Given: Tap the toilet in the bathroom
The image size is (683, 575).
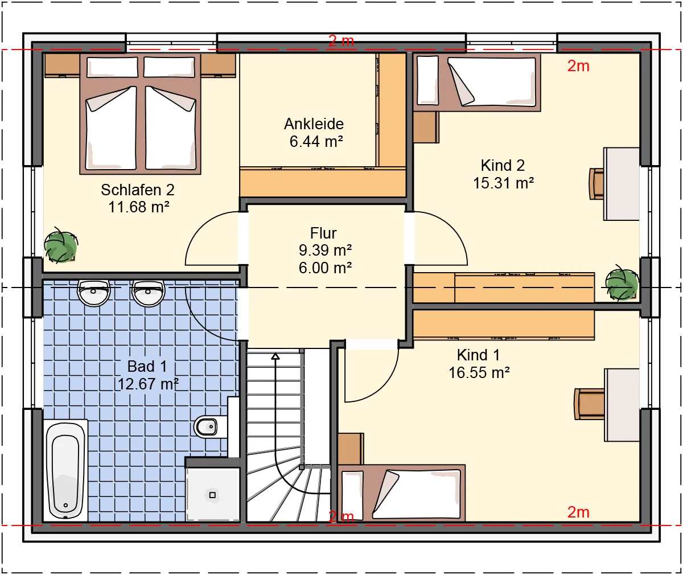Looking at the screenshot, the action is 206,426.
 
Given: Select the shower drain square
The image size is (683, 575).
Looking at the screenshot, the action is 212,495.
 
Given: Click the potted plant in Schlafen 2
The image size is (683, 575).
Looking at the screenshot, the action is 61,246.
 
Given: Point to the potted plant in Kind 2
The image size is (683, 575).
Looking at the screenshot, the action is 622,283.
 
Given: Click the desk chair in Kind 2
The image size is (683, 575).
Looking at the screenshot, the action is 596,183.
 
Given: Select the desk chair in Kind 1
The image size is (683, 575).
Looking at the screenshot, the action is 590,404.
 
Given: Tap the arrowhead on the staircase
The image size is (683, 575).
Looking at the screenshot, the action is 275,356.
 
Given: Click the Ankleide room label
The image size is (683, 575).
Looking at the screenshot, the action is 314,124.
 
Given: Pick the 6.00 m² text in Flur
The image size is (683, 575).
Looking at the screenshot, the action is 325,268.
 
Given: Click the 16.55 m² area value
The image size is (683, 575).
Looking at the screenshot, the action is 479,373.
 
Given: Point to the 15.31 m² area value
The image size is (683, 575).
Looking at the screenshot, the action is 503,183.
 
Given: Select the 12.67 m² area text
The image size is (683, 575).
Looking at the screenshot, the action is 148,384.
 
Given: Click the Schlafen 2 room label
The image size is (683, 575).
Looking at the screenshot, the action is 138,190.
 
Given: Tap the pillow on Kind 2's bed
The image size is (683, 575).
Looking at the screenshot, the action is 427,80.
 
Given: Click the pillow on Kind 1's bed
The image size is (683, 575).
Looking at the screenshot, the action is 352,495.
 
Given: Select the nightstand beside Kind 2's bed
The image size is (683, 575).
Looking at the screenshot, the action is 426,127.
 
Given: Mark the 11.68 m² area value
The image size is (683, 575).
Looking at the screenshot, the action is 139,207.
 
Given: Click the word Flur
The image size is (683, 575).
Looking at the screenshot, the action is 323,233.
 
